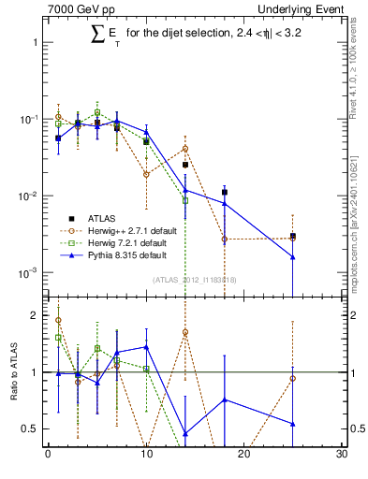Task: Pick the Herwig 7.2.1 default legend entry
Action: (x=107, y=242)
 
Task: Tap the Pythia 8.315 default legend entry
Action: (x=107, y=254)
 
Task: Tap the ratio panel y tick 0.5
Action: (x=33, y=428)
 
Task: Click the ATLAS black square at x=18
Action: (x=225, y=192)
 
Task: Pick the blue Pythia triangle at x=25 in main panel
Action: (x=293, y=257)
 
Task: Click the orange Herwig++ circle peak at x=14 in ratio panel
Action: (x=185, y=332)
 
